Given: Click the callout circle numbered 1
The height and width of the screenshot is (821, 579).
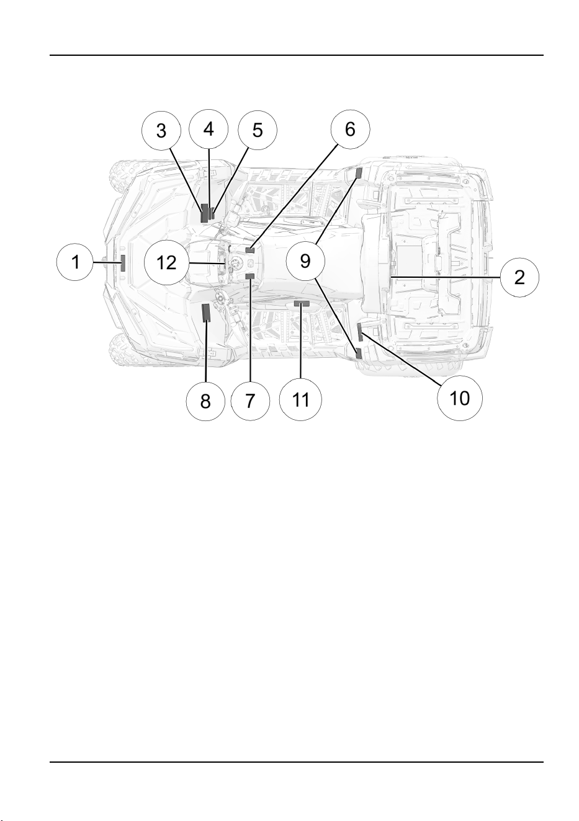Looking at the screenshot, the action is pyautogui.click(x=75, y=262).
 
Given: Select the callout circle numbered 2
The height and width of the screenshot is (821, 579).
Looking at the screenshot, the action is pyautogui.click(x=519, y=277).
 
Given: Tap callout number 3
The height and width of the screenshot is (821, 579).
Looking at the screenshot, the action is pyautogui.click(x=161, y=130).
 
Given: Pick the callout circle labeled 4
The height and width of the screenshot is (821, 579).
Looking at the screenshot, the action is pyautogui.click(x=209, y=128).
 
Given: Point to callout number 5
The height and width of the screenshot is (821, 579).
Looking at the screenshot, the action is pyautogui.click(x=258, y=130).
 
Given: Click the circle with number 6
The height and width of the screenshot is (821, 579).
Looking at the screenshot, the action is pyautogui.click(x=351, y=129).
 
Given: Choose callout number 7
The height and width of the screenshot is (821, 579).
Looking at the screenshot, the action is pyautogui.click(x=250, y=401).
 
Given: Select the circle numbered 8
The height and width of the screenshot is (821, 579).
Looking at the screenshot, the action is pyautogui.click(x=205, y=401).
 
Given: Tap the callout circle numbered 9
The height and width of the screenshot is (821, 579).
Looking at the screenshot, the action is pyautogui.click(x=305, y=260).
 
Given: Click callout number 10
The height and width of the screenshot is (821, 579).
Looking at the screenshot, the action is pyautogui.click(x=459, y=397).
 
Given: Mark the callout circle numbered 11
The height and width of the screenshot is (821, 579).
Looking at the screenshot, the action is pyautogui.click(x=300, y=399).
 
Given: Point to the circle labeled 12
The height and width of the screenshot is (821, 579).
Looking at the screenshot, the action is pyautogui.click(x=166, y=262).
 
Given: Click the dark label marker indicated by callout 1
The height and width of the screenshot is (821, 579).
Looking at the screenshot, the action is pyautogui.click(x=123, y=263).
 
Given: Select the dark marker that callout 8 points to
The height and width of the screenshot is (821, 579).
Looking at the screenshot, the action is pyautogui.click(x=206, y=313).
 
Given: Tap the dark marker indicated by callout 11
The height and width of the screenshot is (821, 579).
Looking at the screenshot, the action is pyautogui.click(x=301, y=303).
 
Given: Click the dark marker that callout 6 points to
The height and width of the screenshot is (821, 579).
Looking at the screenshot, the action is pyautogui.click(x=250, y=250).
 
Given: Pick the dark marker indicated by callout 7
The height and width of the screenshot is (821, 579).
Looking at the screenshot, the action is pyautogui.click(x=249, y=276).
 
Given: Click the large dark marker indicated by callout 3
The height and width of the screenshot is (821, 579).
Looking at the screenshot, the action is pyautogui.click(x=204, y=213).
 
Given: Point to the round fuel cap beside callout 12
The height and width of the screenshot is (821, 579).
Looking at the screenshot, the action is pyautogui.click(x=234, y=262).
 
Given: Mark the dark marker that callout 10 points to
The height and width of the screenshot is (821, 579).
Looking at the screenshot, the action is pyautogui.click(x=360, y=332).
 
